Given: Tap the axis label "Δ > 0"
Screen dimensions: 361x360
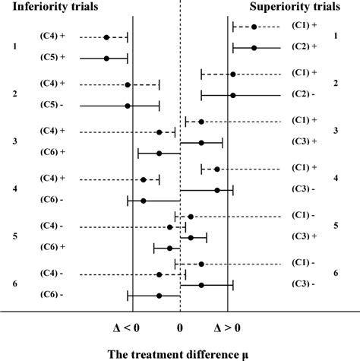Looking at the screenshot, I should [229, 328].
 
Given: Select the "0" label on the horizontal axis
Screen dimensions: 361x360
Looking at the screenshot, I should [180, 328].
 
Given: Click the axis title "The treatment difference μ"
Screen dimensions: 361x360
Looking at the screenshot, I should [180, 353].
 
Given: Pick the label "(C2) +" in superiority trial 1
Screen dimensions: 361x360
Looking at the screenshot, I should [303, 47].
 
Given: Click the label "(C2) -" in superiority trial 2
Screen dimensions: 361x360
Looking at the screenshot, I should [303, 94].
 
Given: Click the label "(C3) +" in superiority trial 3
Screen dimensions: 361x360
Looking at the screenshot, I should [303, 141].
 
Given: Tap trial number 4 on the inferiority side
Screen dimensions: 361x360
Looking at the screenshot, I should [14, 189].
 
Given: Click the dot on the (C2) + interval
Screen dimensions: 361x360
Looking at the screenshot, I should [254, 48].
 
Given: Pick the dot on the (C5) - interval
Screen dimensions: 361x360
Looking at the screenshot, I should [127, 106].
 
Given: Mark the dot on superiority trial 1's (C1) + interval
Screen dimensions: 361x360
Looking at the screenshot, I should [254, 27].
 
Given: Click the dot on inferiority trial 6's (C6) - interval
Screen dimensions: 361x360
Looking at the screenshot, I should [159, 295].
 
